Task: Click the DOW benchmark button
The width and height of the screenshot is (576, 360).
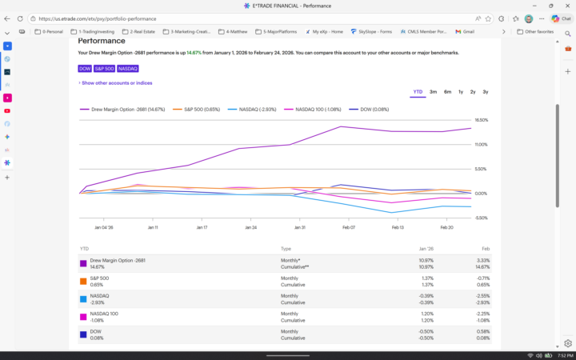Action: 84,69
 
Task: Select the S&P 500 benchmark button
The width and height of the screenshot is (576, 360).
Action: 104,69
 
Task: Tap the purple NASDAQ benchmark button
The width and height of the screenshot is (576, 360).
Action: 128,69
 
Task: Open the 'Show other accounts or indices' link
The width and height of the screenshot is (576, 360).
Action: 116,82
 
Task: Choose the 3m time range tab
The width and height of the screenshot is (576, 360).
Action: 433,92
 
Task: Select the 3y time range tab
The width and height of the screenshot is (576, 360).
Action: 486,92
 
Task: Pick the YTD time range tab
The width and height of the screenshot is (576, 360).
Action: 418,92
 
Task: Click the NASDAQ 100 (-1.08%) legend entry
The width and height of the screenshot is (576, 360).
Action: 318,109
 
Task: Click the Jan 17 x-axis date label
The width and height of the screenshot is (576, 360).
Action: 201,227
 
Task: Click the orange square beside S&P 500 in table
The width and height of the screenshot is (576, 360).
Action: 82,281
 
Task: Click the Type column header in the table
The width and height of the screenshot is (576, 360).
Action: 286,249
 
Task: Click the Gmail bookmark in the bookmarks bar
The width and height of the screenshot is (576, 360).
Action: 463,32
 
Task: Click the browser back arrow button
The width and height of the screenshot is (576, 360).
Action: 7,18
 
